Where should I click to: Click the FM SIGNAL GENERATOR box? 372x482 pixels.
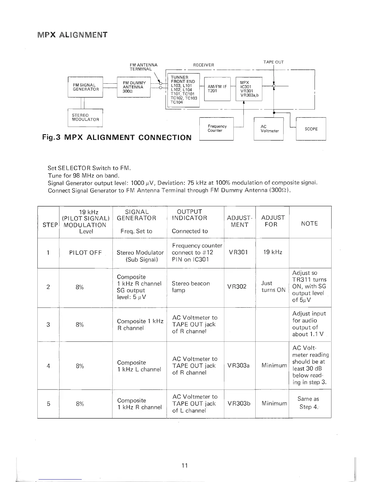(x=86, y=87)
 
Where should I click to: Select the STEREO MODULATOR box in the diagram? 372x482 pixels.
(x=85, y=117)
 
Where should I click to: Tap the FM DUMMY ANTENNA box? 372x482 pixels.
(x=134, y=87)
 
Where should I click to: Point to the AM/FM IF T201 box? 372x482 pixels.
(x=217, y=89)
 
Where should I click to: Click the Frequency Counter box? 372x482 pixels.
(x=216, y=128)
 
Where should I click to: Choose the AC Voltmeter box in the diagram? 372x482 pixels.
(x=269, y=129)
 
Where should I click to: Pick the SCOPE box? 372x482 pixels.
(x=311, y=129)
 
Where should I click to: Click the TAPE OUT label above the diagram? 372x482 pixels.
(x=274, y=62)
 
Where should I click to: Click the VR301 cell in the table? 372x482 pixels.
(x=239, y=252)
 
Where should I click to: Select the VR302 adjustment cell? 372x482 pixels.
(x=239, y=286)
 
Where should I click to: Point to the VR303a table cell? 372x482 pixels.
(x=239, y=365)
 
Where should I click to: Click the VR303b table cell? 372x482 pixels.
(x=239, y=403)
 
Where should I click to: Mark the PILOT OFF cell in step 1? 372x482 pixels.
(x=85, y=253)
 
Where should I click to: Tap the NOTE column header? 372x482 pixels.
(x=309, y=224)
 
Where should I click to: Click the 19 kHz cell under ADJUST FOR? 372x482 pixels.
(x=273, y=252)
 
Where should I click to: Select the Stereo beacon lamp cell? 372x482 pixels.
(x=191, y=287)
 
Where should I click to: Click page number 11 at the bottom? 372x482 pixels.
(x=184, y=465)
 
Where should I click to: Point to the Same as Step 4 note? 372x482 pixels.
(x=309, y=403)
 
